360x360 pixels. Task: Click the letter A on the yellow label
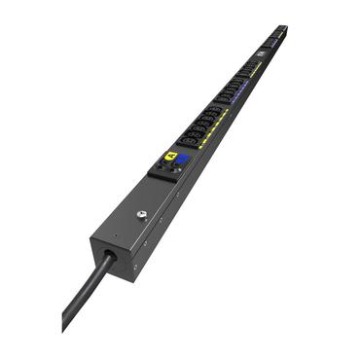[171, 156]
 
